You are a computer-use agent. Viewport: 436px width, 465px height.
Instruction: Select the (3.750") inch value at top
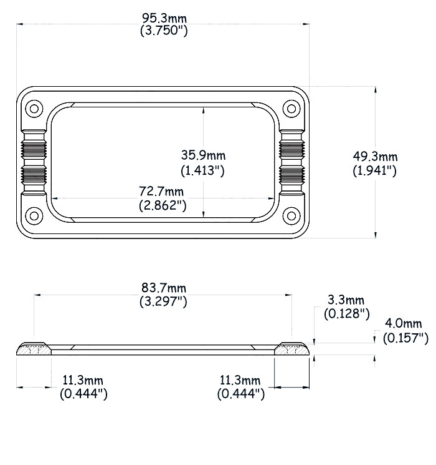coord(164,29)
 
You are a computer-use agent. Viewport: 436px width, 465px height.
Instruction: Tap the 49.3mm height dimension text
coord(374,157)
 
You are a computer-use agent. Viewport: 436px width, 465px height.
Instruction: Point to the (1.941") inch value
coord(374,170)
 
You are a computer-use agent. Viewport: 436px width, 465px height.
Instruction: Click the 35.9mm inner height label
coord(203,155)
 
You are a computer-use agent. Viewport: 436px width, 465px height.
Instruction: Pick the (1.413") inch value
coord(202,170)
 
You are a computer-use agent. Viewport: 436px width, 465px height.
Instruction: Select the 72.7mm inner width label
coord(162,190)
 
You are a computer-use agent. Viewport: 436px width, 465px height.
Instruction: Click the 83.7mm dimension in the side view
coord(164,288)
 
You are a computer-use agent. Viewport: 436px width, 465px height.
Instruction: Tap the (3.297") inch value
coord(164,302)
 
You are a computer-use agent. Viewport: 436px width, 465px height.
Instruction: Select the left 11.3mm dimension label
coord(83,380)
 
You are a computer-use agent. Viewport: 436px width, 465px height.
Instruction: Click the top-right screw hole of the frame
coord(291,108)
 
